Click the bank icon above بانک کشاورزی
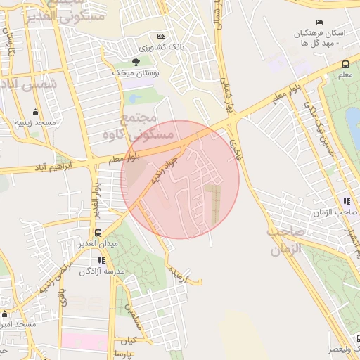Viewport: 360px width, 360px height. pyautogui.click(x=162, y=36)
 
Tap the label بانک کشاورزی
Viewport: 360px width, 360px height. pyautogui.click(x=161, y=46)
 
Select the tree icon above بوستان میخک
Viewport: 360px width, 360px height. pyautogui.click(x=136, y=62)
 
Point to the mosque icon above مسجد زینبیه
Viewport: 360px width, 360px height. pyautogui.click(x=35, y=112)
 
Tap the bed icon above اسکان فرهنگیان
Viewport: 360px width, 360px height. pyautogui.click(x=321, y=22)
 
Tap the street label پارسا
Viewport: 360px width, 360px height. pyautogui.click(x=123, y=351)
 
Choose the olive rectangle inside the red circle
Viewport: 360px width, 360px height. pyautogui.click(x=212, y=205)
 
